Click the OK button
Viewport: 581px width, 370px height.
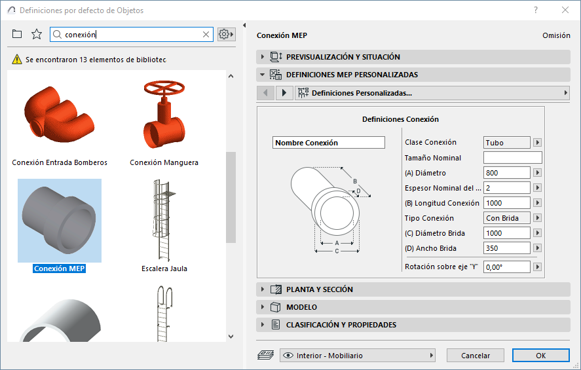[540, 356]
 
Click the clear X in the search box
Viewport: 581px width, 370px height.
[206, 35]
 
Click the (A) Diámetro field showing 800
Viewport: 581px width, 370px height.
[506, 173]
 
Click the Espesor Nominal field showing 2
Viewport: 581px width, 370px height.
[506, 188]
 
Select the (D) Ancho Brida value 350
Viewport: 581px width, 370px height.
[506, 248]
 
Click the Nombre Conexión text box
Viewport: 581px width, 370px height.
[329, 143]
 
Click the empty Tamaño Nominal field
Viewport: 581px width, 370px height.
[512, 158]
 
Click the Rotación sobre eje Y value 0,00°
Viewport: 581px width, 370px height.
[506, 267]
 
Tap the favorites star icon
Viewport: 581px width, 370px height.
[37, 35]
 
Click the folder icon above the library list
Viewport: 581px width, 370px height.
[17, 35]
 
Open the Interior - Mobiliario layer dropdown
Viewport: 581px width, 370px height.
[358, 356]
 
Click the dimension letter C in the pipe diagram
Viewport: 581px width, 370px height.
[337, 251]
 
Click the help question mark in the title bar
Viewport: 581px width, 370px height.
[536, 10]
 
